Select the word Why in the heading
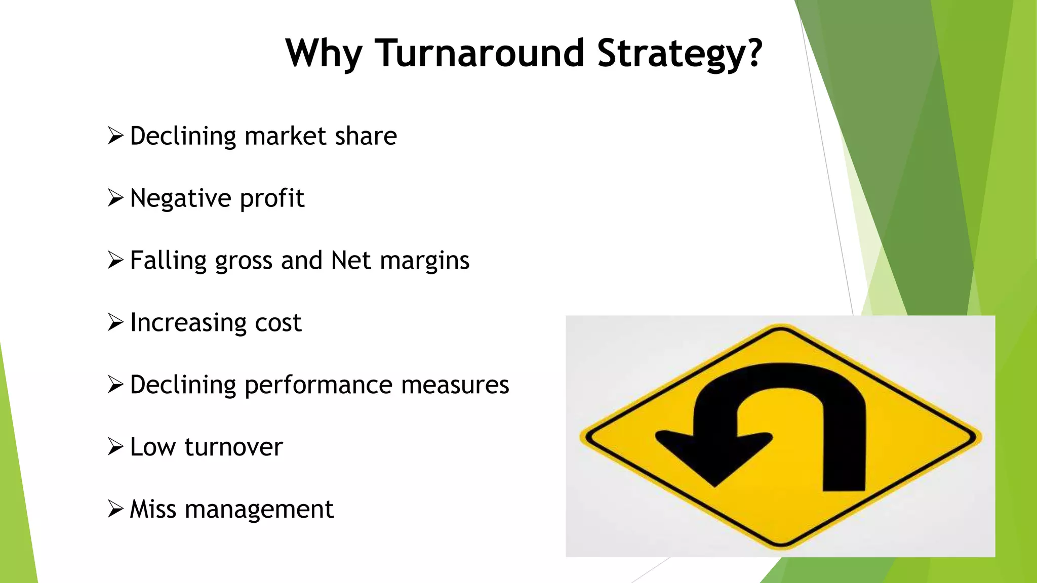(324, 54)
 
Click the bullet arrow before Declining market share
(115, 136)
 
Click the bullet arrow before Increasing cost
(115, 322)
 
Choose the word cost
(278, 323)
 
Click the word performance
(318, 385)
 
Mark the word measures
(455, 385)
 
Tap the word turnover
(233, 447)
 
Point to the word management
(259, 510)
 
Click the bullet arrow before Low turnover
(115, 446)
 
